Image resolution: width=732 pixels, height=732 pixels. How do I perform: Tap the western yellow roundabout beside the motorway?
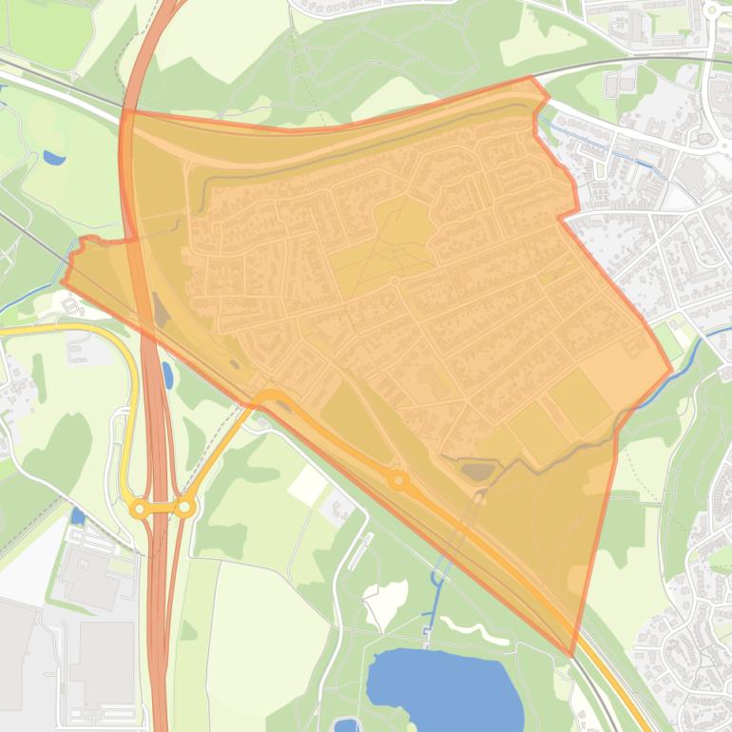(140, 510)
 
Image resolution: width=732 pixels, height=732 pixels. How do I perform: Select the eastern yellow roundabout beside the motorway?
(184, 509)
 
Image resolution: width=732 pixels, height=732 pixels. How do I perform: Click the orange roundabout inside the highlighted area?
(398, 481)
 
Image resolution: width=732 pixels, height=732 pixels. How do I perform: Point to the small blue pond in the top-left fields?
(54, 158)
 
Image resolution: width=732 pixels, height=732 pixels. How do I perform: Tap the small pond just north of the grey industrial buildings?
(78, 516)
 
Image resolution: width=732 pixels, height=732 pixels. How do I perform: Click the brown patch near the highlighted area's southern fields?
(476, 470)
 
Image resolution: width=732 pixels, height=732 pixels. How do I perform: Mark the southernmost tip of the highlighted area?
(572, 655)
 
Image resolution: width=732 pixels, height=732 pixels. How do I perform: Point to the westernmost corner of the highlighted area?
(63, 281)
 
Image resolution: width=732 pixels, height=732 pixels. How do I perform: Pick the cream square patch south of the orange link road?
(308, 485)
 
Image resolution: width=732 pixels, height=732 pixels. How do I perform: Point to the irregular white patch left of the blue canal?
(384, 605)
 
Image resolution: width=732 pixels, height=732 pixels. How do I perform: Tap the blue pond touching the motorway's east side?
(167, 375)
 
